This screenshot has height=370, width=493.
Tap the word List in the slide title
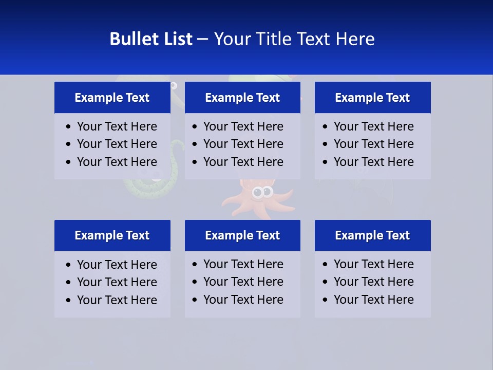[x=176, y=39]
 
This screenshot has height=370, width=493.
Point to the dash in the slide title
[x=202, y=40]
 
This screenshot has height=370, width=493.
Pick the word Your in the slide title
[x=230, y=39]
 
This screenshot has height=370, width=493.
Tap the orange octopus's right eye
[x=268, y=193]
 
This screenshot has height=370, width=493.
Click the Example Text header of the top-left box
[x=112, y=98]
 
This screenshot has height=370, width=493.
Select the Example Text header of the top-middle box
[x=242, y=98]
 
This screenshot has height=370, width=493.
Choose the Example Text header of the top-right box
[x=372, y=98]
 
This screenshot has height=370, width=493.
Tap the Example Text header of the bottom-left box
[x=112, y=235]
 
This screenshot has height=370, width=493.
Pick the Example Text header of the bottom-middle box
[x=242, y=235]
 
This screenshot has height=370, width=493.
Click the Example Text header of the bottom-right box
[x=372, y=235]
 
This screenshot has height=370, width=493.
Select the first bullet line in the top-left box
[x=117, y=126]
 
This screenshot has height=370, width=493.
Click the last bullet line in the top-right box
[x=373, y=162]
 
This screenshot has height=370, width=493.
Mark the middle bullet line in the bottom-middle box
[x=243, y=282]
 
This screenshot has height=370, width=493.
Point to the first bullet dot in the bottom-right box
[x=325, y=265]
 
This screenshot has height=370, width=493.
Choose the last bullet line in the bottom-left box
[x=117, y=300]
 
